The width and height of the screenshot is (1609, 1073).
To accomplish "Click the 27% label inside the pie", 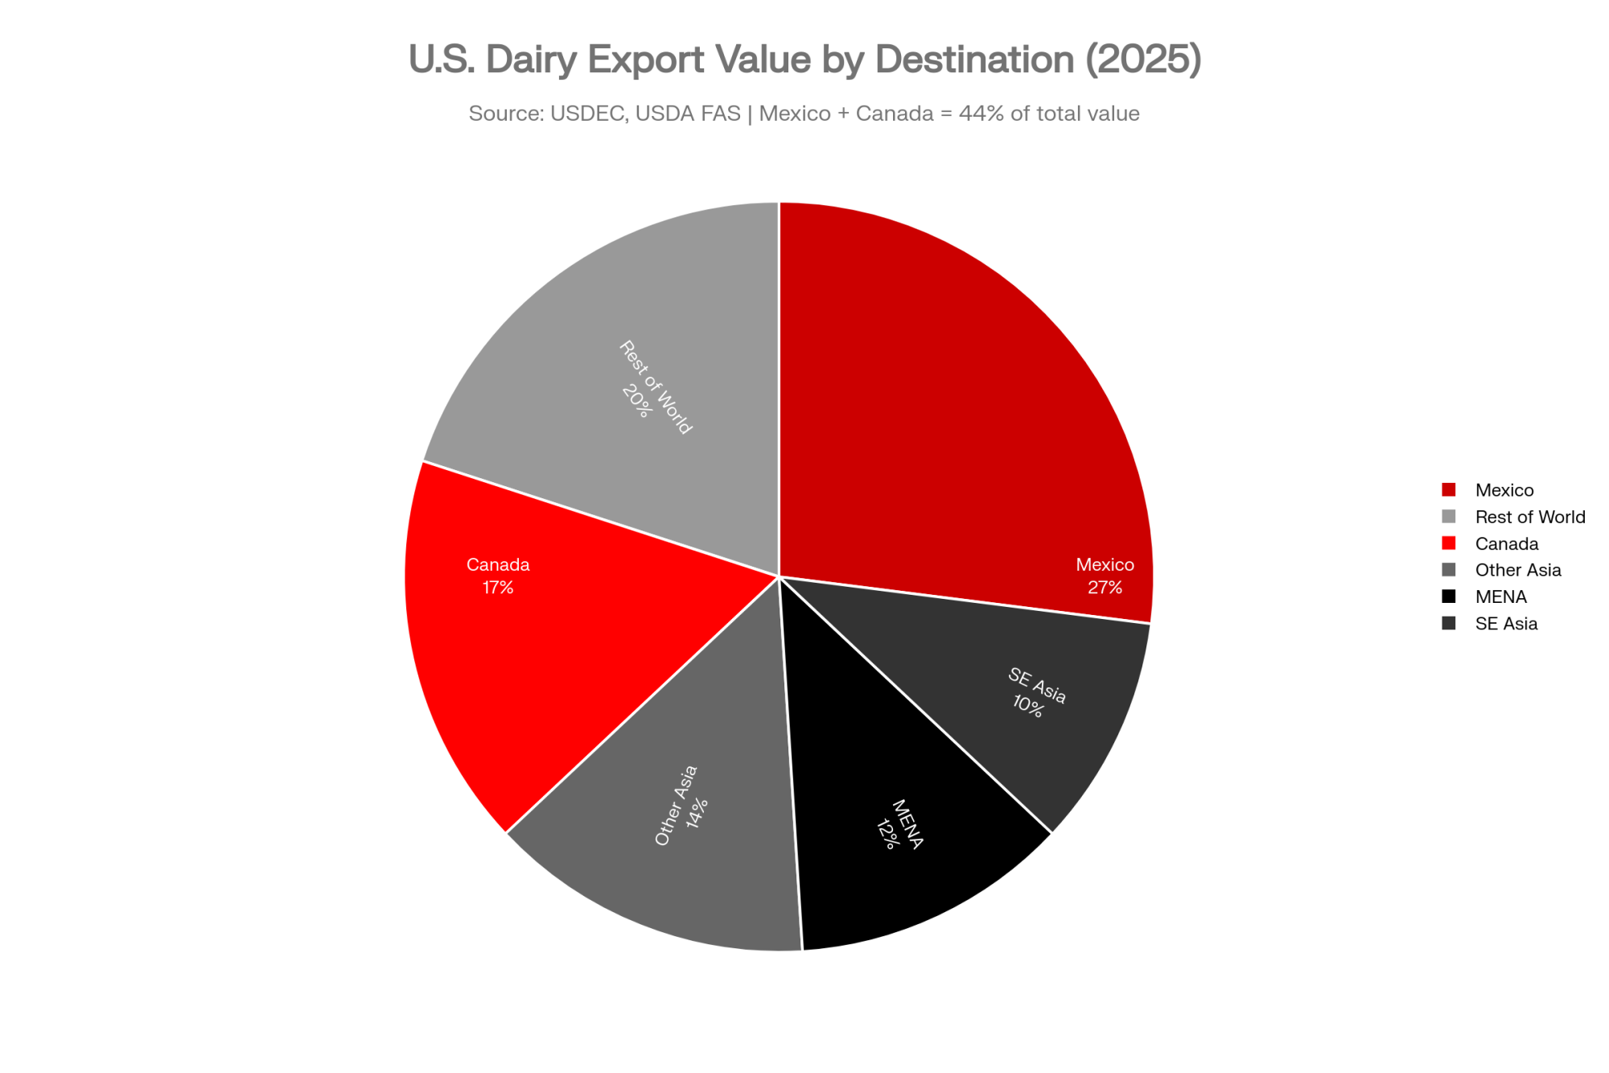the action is (1105, 588).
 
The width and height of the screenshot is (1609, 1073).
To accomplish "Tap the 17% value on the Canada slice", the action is (498, 588).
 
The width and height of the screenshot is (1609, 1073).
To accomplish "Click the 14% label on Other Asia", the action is (697, 813).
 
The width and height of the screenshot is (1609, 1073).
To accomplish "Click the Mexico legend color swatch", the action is (1449, 489).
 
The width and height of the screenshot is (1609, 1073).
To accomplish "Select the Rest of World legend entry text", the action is (1530, 517).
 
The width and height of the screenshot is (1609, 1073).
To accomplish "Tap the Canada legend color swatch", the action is (1449, 543).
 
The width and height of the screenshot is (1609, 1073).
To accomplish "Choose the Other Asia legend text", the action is (1518, 570).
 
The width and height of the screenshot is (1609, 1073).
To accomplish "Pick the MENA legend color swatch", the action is (1449, 596).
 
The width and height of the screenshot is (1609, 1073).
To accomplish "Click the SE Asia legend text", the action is (1506, 624).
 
